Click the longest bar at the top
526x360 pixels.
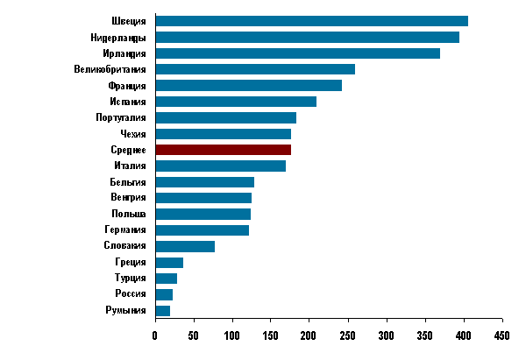click(311, 21)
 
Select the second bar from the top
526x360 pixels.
click(307, 38)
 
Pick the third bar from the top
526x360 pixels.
click(297, 53)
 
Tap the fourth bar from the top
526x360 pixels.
click(255, 69)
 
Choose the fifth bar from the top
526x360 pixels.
click(248, 86)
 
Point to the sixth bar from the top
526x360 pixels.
click(236, 102)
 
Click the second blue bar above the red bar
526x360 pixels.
click(225, 118)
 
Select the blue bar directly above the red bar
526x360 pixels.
click(223, 134)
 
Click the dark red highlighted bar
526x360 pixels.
click(223, 150)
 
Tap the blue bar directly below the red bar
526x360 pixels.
click(220, 166)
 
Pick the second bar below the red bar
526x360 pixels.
click(204, 182)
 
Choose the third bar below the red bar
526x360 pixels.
click(203, 198)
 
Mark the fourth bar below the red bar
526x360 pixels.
click(203, 215)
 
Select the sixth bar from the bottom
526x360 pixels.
click(202, 230)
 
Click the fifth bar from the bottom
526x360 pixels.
click(185, 247)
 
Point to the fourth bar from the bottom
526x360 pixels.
click(169, 263)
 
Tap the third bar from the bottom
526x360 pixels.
click(166, 279)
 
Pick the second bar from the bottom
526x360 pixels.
click(164, 295)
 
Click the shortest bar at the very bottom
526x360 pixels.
click(162, 311)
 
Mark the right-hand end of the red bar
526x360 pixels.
click(289, 150)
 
